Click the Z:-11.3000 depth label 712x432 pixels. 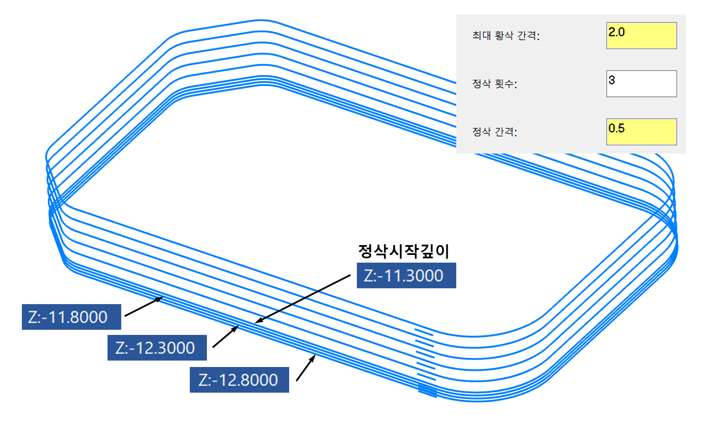click(406, 275)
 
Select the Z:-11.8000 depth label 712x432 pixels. click(71, 317)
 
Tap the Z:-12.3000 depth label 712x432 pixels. click(157, 348)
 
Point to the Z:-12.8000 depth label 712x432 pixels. click(239, 380)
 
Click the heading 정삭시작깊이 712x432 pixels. click(404, 251)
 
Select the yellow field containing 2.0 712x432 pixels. click(641, 36)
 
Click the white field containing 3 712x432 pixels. click(641, 84)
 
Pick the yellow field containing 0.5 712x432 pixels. click(641, 132)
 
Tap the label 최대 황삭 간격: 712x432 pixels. click(506, 36)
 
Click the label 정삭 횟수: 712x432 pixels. click(494, 84)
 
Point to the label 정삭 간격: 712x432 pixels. click(494, 132)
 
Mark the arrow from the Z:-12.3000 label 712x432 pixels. click(225, 337)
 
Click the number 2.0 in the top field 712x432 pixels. click(616, 32)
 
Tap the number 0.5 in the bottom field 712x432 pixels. click(616, 128)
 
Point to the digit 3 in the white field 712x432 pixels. click(612, 80)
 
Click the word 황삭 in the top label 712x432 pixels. click(504, 36)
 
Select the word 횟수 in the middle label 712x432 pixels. click(504, 84)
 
